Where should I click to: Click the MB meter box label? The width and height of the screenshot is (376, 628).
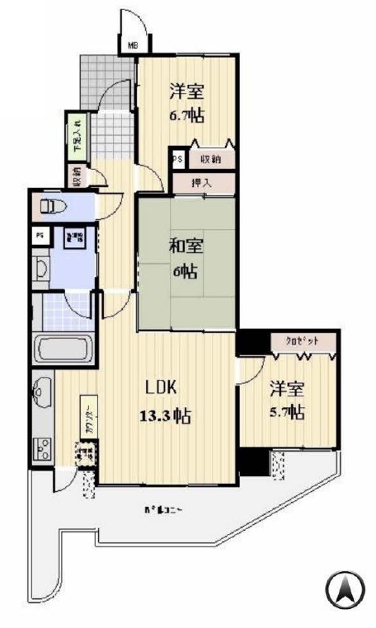click(x=133, y=46)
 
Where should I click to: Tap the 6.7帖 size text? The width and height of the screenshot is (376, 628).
click(x=186, y=115)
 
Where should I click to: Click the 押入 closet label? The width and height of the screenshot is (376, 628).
click(x=201, y=183)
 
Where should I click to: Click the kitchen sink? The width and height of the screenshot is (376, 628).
click(x=41, y=391)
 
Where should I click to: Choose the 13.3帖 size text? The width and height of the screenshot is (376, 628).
click(x=166, y=415)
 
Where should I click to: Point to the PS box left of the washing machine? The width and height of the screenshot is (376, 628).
click(x=39, y=235)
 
